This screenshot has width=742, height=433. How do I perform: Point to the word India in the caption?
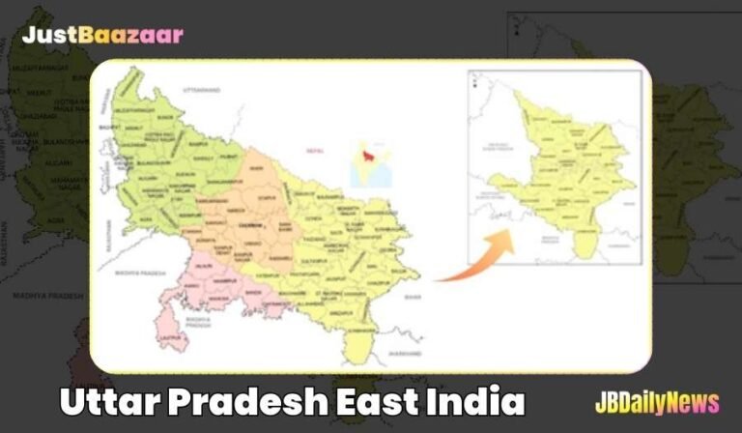(474, 401)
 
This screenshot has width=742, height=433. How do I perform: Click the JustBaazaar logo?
(102, 36)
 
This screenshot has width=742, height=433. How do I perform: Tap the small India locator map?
(371, 163)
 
